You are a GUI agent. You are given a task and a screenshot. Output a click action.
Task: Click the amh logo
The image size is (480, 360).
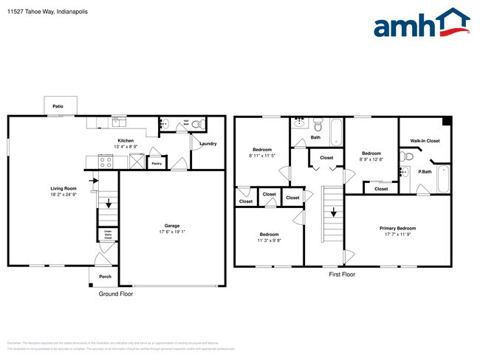(421, 24)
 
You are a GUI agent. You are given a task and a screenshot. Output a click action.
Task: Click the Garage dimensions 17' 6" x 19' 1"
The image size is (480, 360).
(172, 231)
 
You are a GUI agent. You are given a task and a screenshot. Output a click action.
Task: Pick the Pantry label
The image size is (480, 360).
(156, 164)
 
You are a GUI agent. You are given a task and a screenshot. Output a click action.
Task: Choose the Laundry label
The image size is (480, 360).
(208, 143)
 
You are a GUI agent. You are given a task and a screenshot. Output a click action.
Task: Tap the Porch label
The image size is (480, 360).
(105, 277)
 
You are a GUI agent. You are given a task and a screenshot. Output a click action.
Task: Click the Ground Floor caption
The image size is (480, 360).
(115, 294)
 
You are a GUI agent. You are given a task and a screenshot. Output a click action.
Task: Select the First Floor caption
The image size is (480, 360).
(342, 274)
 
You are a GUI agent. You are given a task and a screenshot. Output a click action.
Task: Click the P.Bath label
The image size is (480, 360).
(425, 173)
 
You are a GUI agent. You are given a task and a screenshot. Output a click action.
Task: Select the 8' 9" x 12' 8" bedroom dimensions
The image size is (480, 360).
(371, 159)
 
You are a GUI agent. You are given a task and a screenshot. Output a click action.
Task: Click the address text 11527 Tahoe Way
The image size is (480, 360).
(31, 12)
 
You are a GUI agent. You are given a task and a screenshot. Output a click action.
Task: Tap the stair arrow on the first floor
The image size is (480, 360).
(334, 212)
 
